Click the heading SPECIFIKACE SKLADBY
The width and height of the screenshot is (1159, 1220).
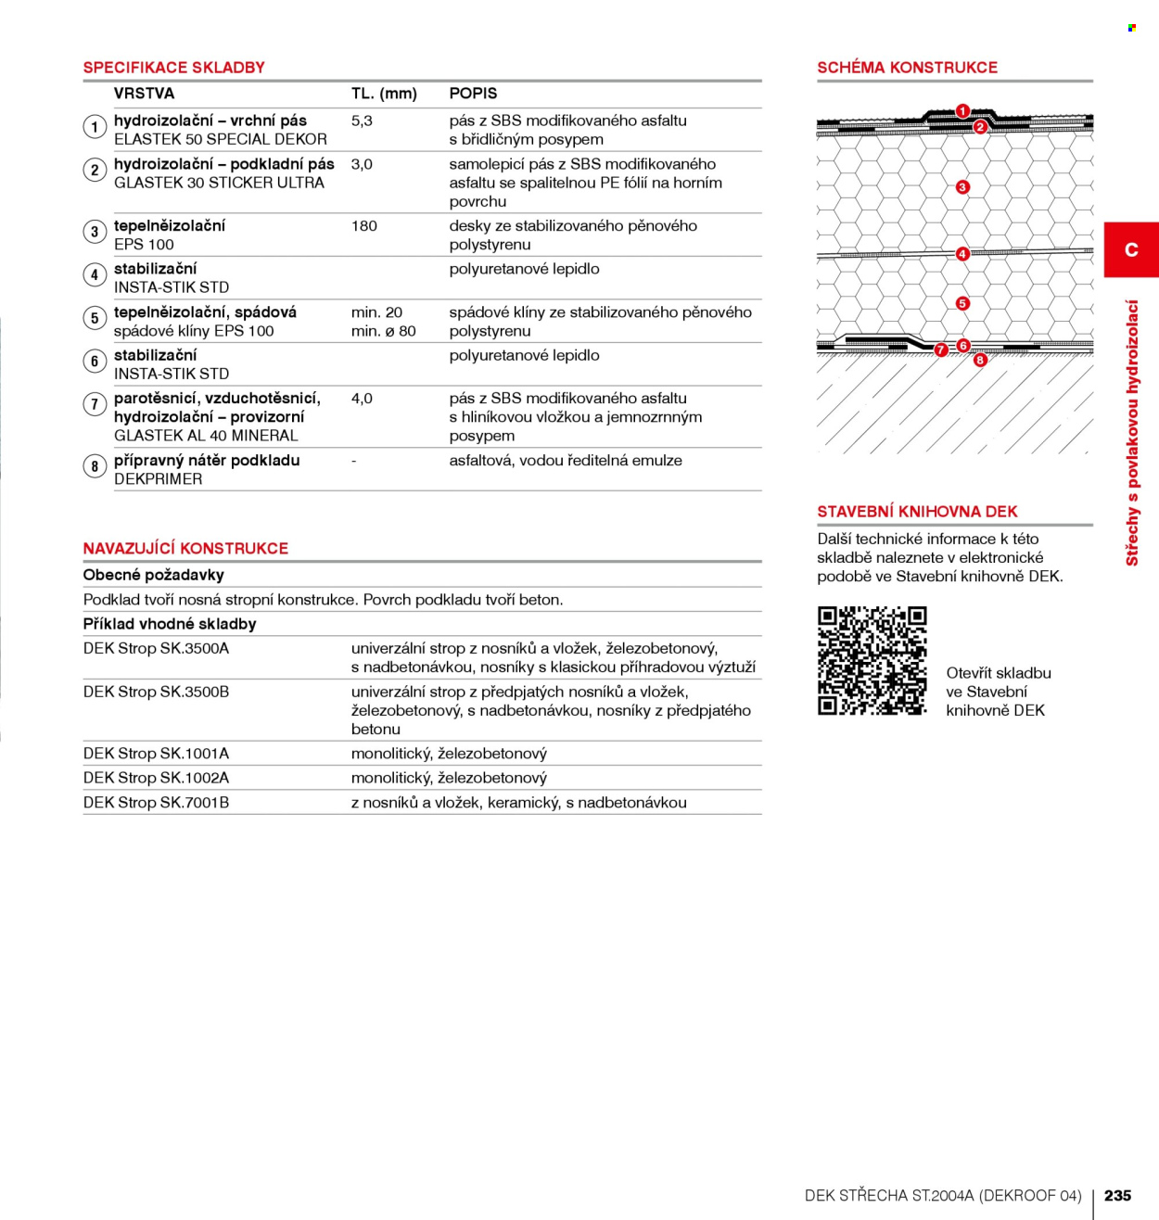click(x=173, y=67)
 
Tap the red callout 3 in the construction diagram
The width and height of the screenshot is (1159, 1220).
click(x=962, y=186)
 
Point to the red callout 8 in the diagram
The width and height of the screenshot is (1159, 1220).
click(x=980, y=360)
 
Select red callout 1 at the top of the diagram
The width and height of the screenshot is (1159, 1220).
click(x=962, y=111)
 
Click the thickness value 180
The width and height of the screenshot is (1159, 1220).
click(x=363, y=226)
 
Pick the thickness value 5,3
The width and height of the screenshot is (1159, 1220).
click(x=362, y=121)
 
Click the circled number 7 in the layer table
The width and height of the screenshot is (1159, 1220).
click(x=95, y=404)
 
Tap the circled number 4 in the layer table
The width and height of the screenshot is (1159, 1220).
click(x=95, y=275)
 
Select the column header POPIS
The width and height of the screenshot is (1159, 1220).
click(x=473, y=93)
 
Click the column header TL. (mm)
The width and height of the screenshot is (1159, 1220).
click(x=384, y=93)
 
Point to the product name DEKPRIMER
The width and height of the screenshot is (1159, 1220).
click(x=159, y=479)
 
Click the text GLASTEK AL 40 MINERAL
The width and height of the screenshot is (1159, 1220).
click(x=206, y=436)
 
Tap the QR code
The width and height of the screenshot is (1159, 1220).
click(x=872, y=661)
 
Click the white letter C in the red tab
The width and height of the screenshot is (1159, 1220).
click(x=1131, y=250)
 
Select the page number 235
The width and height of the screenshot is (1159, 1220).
click(x=1117, y=1195)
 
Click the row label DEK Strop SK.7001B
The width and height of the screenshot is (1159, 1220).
click(x=157, y=803)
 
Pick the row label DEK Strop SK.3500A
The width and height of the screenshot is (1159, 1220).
click(x=157, y=649)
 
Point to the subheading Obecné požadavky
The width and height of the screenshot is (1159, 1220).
click(x=153, y=576)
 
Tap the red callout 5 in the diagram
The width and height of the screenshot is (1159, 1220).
click(x=962, y=303)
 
